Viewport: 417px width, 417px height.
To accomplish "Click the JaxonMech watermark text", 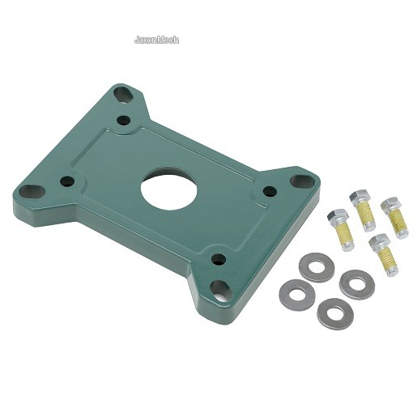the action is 156,40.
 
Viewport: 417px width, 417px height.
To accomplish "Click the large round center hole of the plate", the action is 168,189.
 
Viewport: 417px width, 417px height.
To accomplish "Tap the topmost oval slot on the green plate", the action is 123,95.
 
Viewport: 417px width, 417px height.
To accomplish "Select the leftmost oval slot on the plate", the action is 32,191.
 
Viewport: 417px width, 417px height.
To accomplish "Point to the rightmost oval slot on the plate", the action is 302,181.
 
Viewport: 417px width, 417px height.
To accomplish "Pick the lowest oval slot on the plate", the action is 221,290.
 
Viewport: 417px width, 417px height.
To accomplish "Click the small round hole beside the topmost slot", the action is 124,121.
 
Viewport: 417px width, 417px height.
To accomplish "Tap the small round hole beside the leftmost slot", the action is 67,181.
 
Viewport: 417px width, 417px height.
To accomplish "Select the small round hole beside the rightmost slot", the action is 270,191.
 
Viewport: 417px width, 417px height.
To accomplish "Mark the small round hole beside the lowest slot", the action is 219,259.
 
